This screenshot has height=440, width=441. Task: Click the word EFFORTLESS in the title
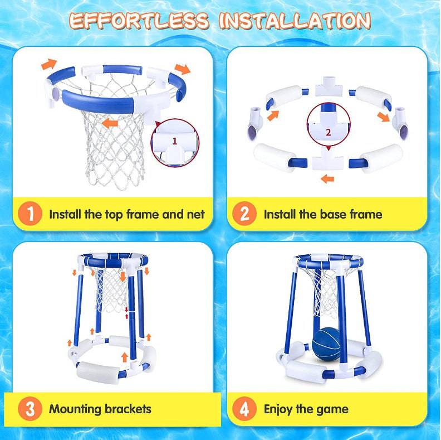pos(139,21)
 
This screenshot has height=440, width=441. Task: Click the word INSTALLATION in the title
pos(295,21)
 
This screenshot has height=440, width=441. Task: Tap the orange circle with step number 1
pos(30,214)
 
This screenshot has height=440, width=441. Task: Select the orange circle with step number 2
pos(244,214)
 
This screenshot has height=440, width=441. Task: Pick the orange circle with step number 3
pos(30,409)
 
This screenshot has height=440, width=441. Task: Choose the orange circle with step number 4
pos(244,409)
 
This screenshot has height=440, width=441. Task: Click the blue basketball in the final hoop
pos(327,344)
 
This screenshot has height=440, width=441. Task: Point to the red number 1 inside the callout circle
pos(175,141)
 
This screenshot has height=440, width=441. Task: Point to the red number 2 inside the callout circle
pos(328,132)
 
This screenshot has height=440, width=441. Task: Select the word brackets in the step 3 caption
pos(128,409)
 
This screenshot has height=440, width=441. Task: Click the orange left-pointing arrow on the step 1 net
pos(110,123)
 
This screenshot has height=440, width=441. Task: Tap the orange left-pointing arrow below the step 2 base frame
pos(327,178)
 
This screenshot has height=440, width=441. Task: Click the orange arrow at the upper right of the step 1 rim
pos(183,69)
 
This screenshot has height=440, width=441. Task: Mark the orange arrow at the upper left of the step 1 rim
pos(49,64)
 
